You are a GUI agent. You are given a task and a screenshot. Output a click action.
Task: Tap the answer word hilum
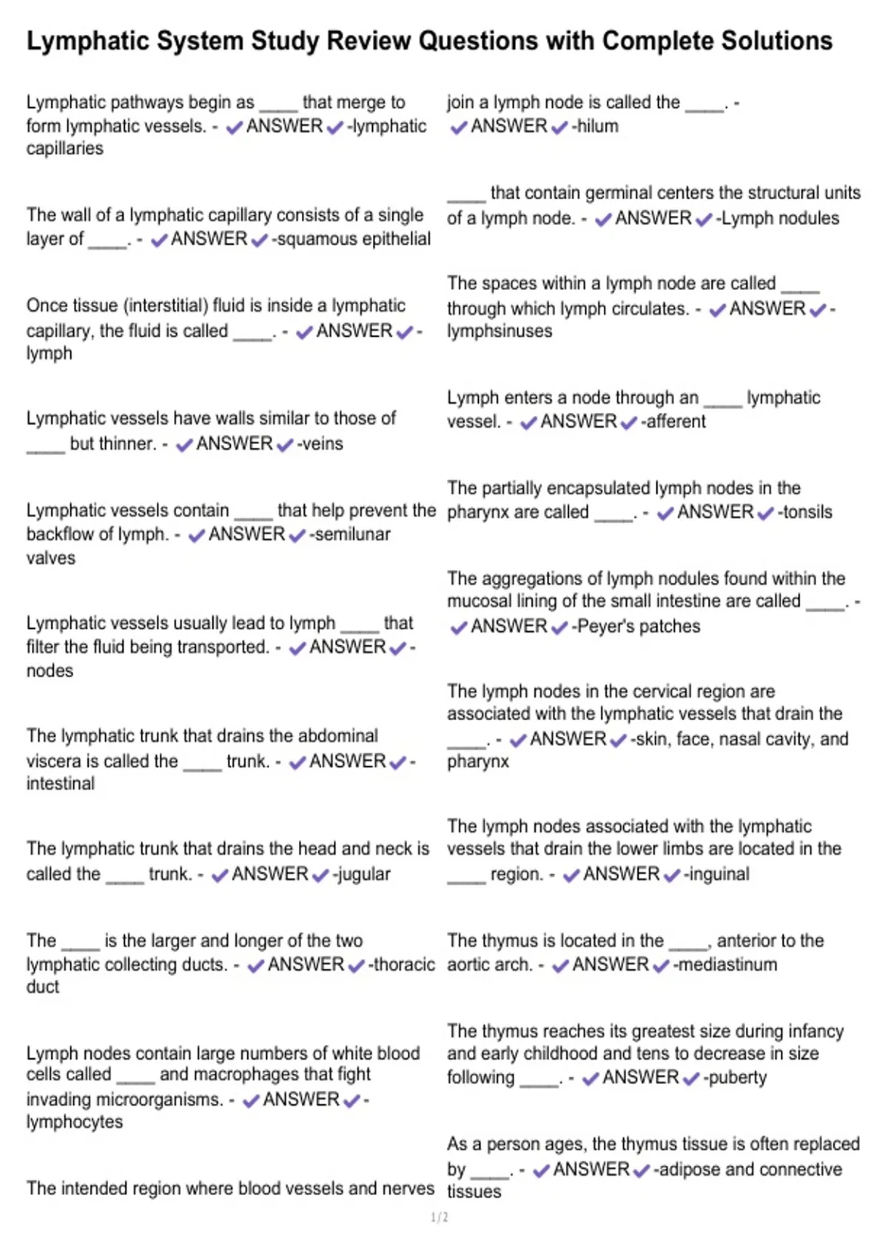click(x=597, y=127)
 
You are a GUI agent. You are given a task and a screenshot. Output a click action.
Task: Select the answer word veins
click(x=323, y=444)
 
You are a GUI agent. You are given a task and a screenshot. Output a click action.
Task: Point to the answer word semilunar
click(x=352, y=534)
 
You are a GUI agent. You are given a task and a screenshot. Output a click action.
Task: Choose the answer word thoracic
click(x=404, y=965)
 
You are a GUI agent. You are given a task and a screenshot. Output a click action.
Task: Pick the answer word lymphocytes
click(x=75, y=1122)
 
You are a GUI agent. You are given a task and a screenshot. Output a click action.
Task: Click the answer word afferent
click(x=676, y=422)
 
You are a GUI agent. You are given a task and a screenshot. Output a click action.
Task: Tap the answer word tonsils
click(x=807, y=512)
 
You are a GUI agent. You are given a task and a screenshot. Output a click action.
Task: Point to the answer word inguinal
click(x=719, y=875)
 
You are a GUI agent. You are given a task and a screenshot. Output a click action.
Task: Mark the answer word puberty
click(x=737, y=1078)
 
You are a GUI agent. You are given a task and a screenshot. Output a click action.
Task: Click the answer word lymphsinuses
click(x=499, y=332)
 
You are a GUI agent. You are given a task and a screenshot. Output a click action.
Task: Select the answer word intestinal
click(x=61, y=784)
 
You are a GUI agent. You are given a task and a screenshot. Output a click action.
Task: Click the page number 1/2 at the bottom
click(x=439, y=1217)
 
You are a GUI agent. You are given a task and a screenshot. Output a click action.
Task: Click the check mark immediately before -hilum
click(x=559, y=127)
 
